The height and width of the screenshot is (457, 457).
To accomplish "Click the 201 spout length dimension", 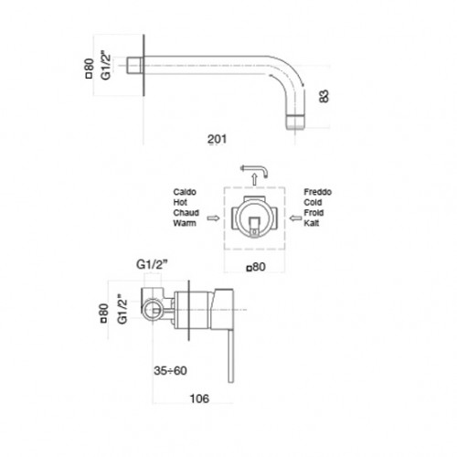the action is pos(217,139).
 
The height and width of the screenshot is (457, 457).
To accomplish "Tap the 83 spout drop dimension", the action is pos(324,96).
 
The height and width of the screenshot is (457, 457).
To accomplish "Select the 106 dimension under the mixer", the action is pos(199,399).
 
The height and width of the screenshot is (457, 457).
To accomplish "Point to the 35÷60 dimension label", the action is pos(170,370).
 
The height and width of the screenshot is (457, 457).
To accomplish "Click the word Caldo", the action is pos(185,192).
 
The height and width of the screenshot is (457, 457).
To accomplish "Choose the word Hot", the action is pos(180,202).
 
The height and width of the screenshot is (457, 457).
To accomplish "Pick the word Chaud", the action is pos(186,213).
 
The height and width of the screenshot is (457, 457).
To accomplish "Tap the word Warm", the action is pos(185,223).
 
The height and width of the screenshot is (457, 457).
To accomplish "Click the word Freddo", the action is pos(317,192).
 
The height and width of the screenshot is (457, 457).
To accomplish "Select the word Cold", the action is pos(313,202).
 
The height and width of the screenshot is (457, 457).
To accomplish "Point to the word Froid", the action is pos(314,213).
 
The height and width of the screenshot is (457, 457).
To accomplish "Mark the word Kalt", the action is pos(311,223).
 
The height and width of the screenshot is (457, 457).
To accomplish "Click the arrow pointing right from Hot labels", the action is pos(213,218).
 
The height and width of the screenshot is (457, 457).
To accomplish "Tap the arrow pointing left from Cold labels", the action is pos(295,218).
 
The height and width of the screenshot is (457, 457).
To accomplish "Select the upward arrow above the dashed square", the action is pos(255,179).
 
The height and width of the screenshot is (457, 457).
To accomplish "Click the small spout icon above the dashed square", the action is pos(255,169).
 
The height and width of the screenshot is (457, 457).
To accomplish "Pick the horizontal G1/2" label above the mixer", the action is pos(152,264).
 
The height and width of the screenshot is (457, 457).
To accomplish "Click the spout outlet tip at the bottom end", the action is pos(295,122).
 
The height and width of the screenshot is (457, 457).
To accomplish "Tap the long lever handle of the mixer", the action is pos(230,355).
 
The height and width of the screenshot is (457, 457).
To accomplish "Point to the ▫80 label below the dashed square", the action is pos(256,267).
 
